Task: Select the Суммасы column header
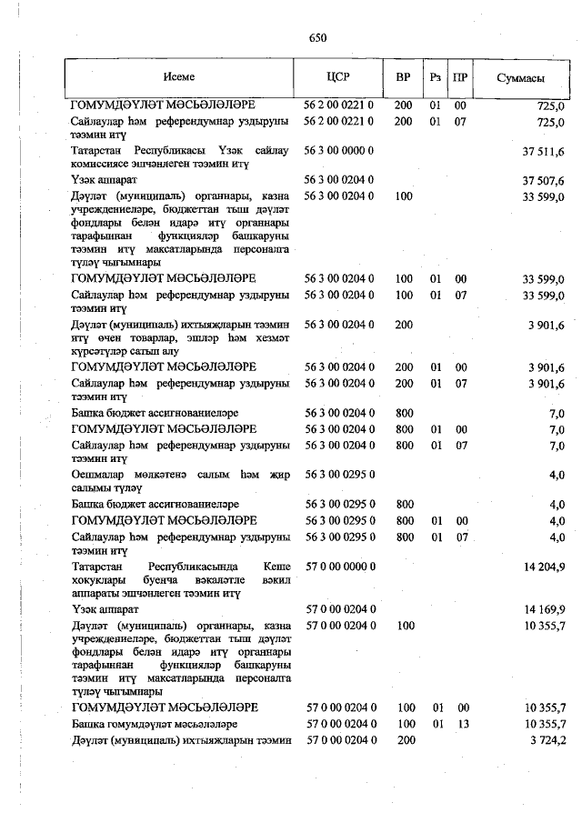click(520, 78)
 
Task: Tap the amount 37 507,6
click(543, 180)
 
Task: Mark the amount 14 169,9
click(543, 609)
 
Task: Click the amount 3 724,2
click(546, 741)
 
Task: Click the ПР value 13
click(460, 724)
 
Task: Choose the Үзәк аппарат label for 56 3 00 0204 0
click(99, 180)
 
